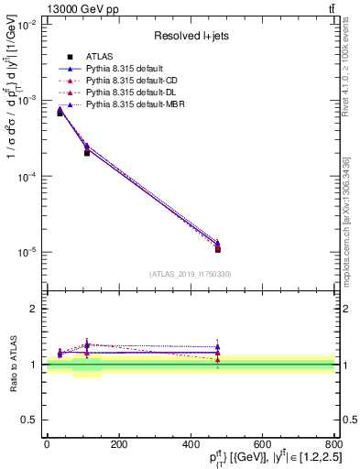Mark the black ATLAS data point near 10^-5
(x=217, y=249)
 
